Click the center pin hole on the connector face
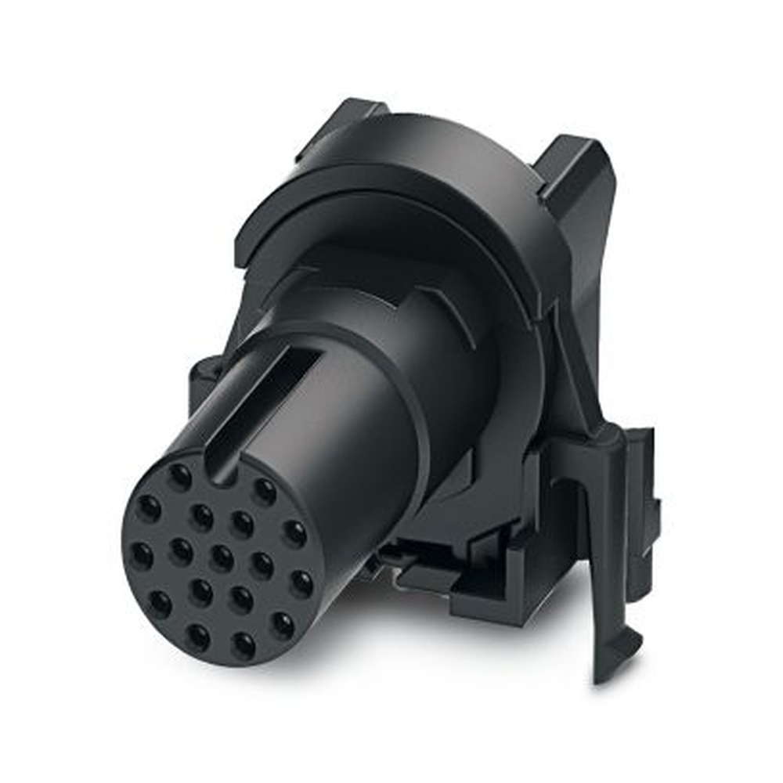coord(222,557)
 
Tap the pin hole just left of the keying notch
coord(179,475)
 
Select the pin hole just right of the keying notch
coord(265,491)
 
